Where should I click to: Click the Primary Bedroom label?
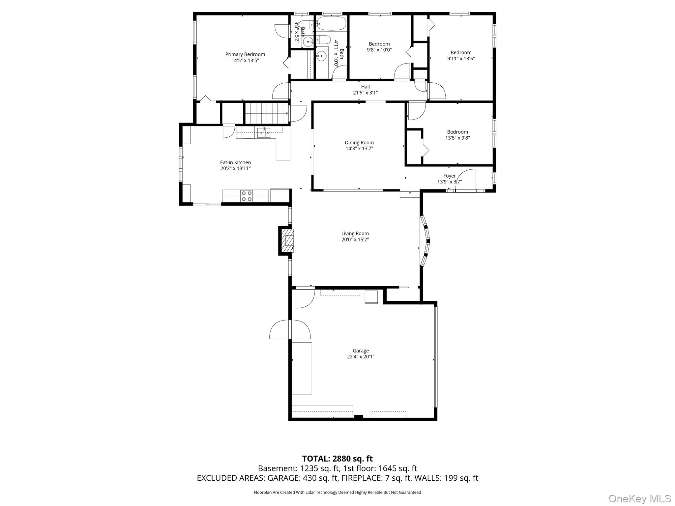(x=245, y=54)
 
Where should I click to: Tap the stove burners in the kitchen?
(x=247, y=196)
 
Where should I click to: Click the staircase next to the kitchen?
(x=266, y=113)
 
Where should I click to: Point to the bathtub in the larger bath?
(x=331, y=23)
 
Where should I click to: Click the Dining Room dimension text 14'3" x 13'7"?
(x=359, y=149)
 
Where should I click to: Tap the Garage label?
(x=361, y=351)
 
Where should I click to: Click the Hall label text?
(x=365, y=87)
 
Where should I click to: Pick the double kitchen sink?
(x=264, y=133)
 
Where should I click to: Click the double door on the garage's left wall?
(x=290, y=329)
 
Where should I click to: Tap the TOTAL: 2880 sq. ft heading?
(x=337, y=459)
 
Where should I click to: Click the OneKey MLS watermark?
(x=640, y=498)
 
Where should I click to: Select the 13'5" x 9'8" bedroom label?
(x=457, y=135)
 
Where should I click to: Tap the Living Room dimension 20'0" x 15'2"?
(x=355, y=239)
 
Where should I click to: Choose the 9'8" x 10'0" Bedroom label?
(x=379, y=47)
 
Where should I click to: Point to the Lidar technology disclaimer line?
(x=337, y=492)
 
